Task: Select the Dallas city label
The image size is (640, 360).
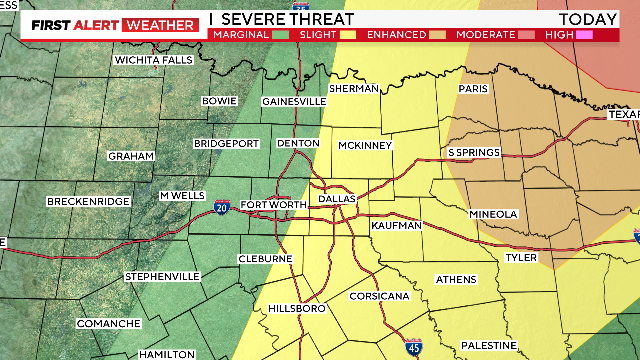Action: pyautogui.click(x=337, y=199)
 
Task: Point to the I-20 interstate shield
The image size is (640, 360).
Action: pyautogui.click(x=221, y=207)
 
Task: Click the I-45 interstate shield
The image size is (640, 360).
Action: pyautogui.click(x=414, y=347)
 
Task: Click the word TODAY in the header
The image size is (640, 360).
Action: pyautogui.click(x=588, y=19)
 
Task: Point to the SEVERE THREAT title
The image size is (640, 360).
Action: pyautogui.click(x=286, y=19)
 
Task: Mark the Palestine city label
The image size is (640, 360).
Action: pyautogui.click(x=489, y=346)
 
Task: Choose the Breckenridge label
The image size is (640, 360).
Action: pyautogui.click(x=88, y=202)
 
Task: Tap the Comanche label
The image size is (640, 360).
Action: pyautogui.click(x=108, y=323)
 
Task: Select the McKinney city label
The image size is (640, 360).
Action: pyautogui.click(x=365, y=145)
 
